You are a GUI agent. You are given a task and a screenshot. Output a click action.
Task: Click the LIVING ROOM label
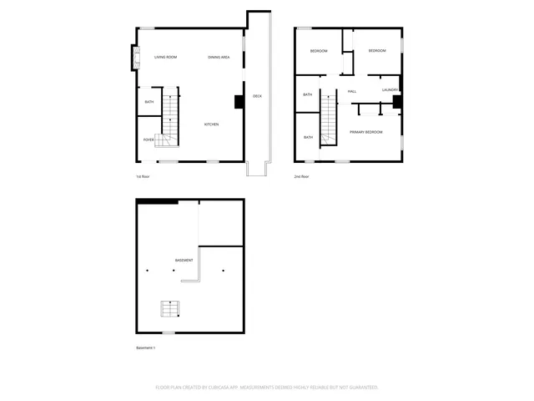[165, 57]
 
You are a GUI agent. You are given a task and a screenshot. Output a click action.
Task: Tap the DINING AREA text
[219, 57]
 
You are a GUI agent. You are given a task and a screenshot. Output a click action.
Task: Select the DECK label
[257, 97]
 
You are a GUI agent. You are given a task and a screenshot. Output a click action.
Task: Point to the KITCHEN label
[212, 124]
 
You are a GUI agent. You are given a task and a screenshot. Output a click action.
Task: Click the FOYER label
[149, 140]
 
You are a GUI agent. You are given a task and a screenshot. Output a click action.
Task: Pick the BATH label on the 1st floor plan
[149, 102]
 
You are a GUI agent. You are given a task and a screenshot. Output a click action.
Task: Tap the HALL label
[352, 91]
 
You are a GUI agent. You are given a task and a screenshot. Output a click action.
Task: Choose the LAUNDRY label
[390, 90]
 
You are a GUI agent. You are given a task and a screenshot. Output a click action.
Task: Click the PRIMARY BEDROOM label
[365, 132]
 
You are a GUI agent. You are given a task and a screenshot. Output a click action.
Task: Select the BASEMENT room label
[184, 260]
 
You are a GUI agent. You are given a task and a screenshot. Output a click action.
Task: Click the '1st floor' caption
[143, 177]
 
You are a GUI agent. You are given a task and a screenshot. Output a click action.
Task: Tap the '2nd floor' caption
[301, 177]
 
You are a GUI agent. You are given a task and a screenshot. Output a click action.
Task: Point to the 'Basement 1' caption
[146, 348]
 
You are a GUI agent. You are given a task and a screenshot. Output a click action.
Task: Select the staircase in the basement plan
[170, 309]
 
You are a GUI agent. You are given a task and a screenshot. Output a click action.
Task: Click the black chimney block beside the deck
[239, 102]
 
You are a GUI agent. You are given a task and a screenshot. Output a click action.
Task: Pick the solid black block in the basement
[158, 201]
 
